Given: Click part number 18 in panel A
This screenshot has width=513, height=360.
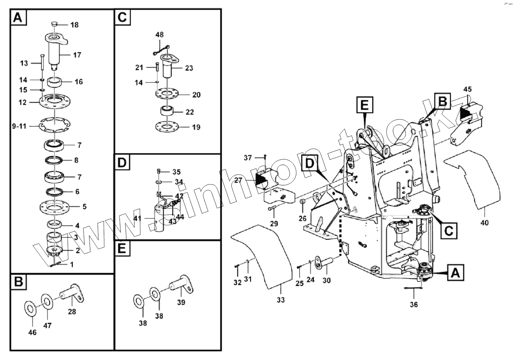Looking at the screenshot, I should tap(74, 25).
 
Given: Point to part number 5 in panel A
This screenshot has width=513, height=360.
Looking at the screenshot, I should tap(84, 207).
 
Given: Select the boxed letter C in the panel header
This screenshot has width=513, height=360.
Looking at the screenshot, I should tap(122, 17).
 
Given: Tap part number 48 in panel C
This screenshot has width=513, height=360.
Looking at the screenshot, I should tap(159, 35).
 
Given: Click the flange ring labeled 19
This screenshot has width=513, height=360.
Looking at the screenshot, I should tap(168, 127).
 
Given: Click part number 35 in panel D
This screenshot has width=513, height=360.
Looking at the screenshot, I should tap(176, 172).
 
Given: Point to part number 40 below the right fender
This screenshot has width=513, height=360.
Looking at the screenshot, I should tap(484, 223).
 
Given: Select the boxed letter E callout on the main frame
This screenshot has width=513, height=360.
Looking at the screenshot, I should tap(364, 105).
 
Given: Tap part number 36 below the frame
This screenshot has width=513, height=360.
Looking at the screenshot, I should tap(413, 305).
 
